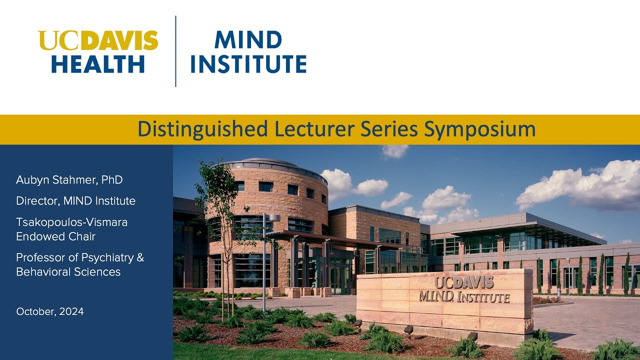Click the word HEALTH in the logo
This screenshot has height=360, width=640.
click(98, 64)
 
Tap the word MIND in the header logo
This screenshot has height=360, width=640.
click(248, 40)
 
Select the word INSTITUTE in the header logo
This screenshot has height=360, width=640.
click(248, 64)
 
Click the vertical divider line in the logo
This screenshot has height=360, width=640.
click(175, 51)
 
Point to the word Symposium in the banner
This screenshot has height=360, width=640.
click(479, 129)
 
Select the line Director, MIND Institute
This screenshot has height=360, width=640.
click(75, 201)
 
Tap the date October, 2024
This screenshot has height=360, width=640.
click(49, 311)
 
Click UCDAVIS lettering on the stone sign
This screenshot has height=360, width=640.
click(464, 282)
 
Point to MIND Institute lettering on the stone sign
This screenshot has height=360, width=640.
click(464, 297)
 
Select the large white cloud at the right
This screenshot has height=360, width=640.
click(580, 185)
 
